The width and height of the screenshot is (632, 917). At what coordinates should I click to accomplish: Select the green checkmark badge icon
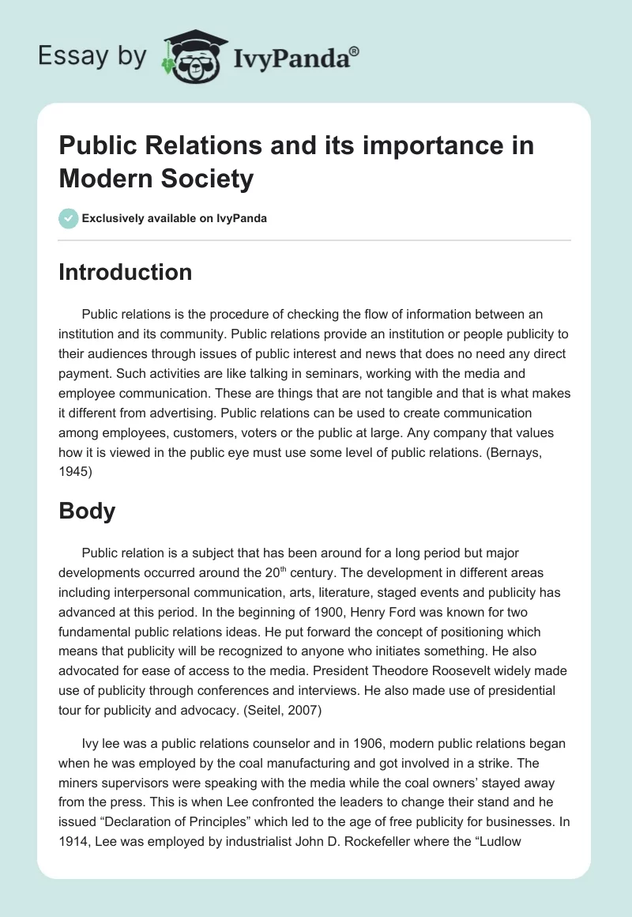69,218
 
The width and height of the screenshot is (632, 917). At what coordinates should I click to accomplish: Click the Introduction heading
126,272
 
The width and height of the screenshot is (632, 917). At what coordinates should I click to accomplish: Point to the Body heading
87,511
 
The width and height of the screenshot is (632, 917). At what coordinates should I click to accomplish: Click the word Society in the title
205,179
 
